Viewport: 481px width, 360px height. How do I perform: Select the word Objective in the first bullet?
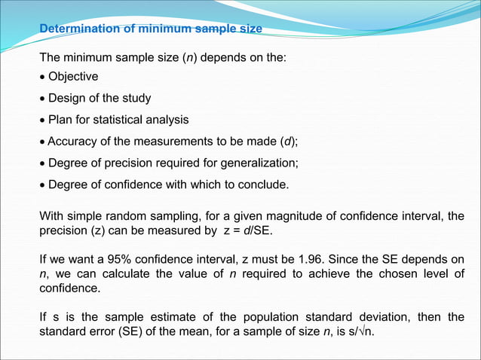click(73, 76)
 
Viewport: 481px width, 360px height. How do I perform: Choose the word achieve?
click(323, 274)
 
